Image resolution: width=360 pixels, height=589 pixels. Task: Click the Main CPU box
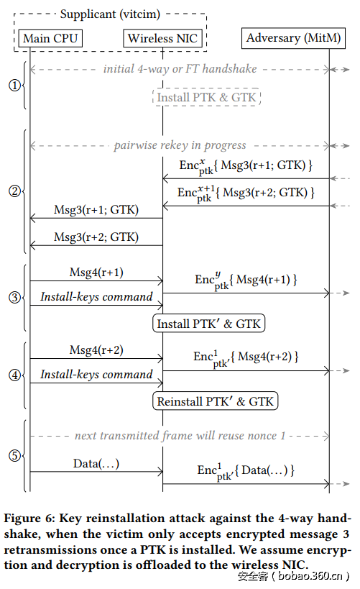(x=50, y=38)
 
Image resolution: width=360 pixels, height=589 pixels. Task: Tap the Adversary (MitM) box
(x=293, y=37)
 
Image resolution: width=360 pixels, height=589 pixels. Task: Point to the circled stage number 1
(x=14, y=86)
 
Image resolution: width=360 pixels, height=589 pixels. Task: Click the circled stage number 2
(x=14, y=191)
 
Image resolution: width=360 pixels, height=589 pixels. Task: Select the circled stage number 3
(x=14, y=297)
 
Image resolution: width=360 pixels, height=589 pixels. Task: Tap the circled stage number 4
(x=14, y=375)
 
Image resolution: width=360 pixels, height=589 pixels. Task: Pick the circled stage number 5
(x=14, y=455)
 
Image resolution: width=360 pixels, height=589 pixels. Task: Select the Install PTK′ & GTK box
(x=209, y=324)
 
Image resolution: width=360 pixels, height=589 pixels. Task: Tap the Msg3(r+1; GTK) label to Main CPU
(x=96, y=210)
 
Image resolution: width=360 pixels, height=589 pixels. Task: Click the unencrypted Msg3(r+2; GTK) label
(x=96, y=237)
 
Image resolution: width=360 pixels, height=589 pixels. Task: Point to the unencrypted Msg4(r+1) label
(x=96, y=272)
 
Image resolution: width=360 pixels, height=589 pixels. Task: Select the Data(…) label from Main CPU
(x=96, y=463)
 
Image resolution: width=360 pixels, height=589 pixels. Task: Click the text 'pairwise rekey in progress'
(x=180, y=145)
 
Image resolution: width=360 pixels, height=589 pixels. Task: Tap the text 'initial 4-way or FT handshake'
(x=180, y=69)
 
